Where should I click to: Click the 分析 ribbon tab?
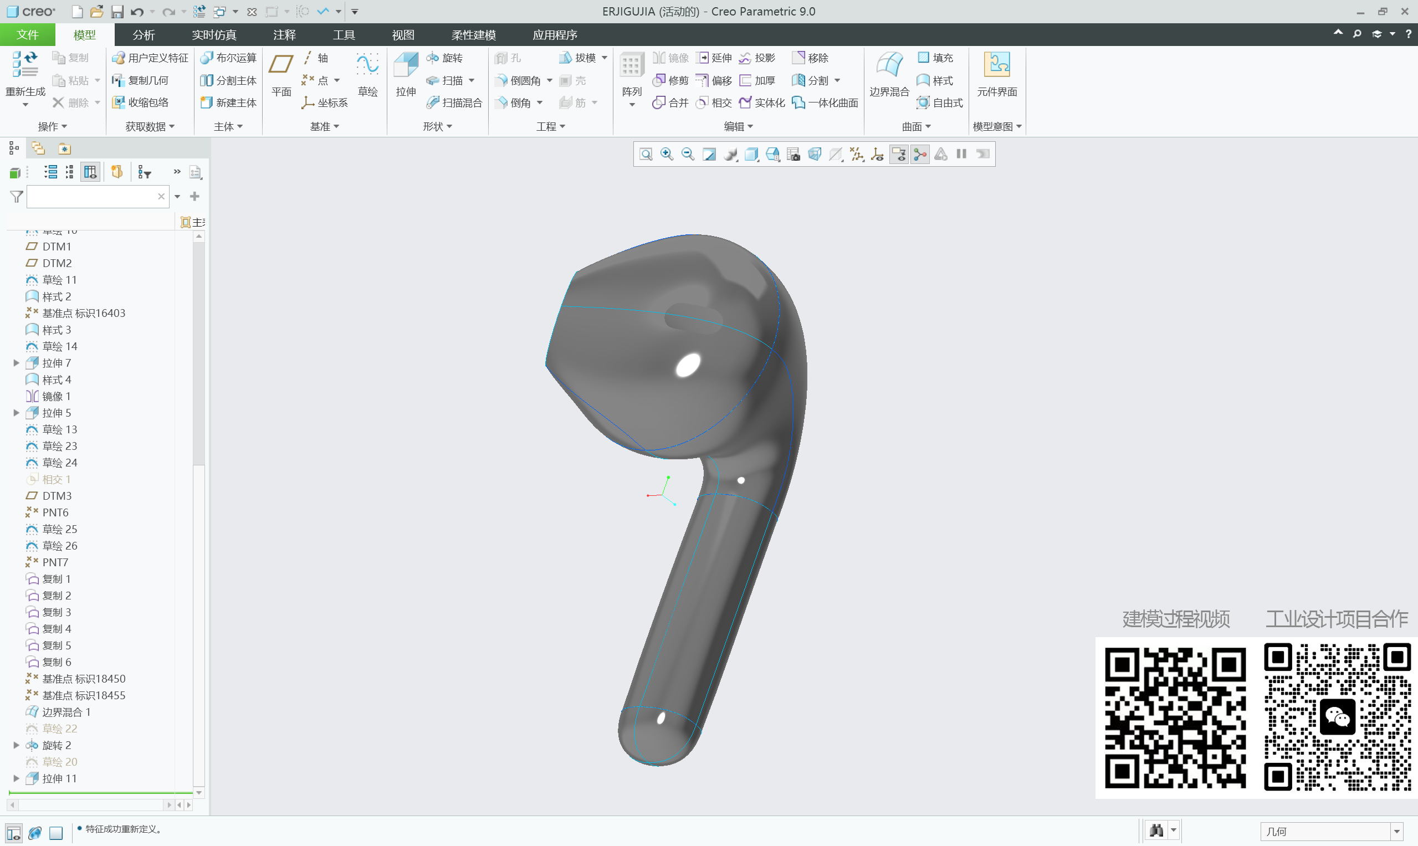click(x=143, y=35)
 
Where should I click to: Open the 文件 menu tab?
click(x=27, y=35)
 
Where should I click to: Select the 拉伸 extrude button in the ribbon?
click(x=406, y=74)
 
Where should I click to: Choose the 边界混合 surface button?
click(x=888, y=74)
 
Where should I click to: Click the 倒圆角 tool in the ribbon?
click(x=518, y=80)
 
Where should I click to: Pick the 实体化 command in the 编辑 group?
click(x=762, y=102)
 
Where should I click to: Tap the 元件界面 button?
click(x=997, y=74)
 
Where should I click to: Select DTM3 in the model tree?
click(x=57, y=496)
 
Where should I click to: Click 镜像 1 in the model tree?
click(x=56, y=396)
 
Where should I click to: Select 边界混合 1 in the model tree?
click(x=65, y=712)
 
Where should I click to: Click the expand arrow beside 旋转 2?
click(x=16, y=745)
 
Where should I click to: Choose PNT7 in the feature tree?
click(x=55, y=562)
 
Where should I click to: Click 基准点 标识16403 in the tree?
click(x=83, y=313)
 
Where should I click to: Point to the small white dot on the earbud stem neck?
click(x=741, y=480)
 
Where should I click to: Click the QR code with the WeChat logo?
click(x=1337, y=717)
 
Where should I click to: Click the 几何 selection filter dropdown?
click(x=1331, y=831)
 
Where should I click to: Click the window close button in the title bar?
click(x=1404, y=12)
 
